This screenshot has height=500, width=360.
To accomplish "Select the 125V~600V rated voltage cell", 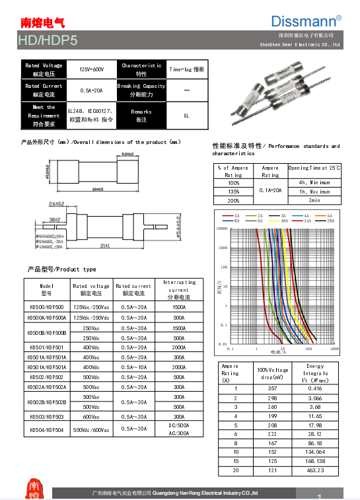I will coord(92,69).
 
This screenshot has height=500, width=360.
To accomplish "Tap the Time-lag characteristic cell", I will coord(186,69).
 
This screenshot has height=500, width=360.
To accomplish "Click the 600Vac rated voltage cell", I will coord(91,417).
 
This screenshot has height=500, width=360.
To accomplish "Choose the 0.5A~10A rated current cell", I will coord(133,367).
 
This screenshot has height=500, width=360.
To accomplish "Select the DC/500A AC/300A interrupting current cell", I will coord(178,429).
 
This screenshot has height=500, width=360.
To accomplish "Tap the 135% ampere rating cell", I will coord(233,191).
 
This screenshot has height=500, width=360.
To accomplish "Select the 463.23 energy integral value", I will coord(315,470).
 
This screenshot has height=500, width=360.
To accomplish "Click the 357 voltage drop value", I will coord(272,388).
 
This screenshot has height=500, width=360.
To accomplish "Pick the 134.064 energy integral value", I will coord(315,452).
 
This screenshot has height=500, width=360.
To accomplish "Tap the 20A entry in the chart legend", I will coord(328,221).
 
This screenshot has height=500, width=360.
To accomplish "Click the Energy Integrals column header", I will coord(315,373).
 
